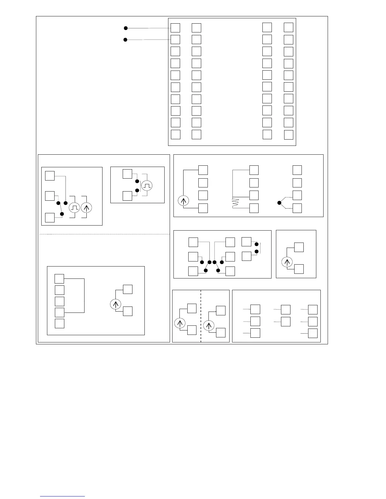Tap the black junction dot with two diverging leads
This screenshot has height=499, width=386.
tap(279, 203)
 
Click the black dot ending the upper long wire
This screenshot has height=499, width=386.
tap(126, 28)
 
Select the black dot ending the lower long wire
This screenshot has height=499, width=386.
tap(125, 40)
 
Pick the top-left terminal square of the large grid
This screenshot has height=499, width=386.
tap(175, 28)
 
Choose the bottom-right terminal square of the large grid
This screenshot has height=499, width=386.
tap(289, 135)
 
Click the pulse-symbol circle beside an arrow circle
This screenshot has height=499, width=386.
tap(74, 208)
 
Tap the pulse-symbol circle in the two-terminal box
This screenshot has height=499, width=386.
tap(147, 186)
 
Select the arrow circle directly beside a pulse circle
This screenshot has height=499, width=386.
tap(86, 208)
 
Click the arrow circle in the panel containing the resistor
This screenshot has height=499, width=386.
tap(183, 201)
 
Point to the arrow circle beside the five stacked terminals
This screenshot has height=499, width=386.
tap(115, 304)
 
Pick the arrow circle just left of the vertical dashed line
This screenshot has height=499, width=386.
tap(180, 323)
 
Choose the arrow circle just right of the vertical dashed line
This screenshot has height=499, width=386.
tap(208, 325)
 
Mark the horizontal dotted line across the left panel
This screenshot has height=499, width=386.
tap(104, 234)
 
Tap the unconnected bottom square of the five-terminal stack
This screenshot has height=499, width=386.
tap(60, 324)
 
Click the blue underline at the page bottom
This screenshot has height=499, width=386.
tap(62, 496)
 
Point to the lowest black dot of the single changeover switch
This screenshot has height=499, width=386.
tap(62, 214)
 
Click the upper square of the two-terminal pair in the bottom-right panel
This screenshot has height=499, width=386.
tap(285, 310)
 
